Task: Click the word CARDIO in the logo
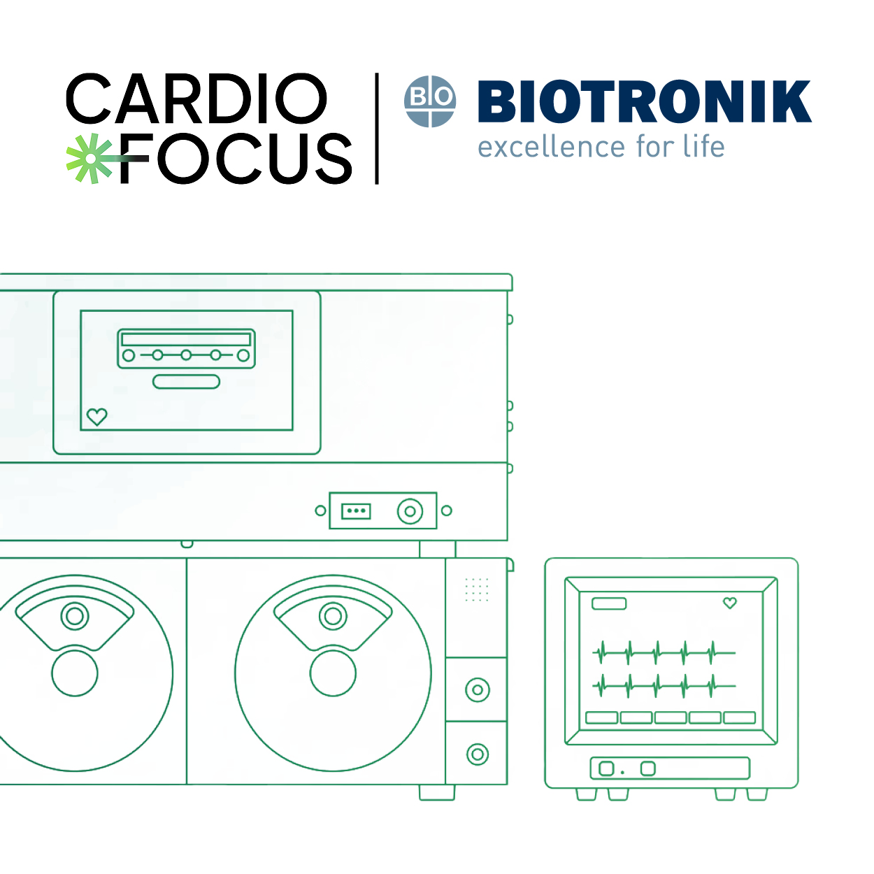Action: point(196,99)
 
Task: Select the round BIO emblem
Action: point(430,101)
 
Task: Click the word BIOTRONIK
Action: point(645,101)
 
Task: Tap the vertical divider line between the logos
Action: point(376,129)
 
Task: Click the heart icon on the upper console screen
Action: point(96,416)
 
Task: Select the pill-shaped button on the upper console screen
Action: point(187,382)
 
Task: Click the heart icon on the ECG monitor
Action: point(730,603)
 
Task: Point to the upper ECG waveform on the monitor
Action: point(664,652)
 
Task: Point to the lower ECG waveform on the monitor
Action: point(664,686)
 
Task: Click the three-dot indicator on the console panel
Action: point(356,510)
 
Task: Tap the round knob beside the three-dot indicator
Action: point(410,511)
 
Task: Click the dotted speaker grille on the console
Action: point(477,589)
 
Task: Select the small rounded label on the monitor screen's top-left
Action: point(609,603)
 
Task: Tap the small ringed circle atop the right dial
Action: point(333,616)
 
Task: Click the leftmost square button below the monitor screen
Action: point(606,768)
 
